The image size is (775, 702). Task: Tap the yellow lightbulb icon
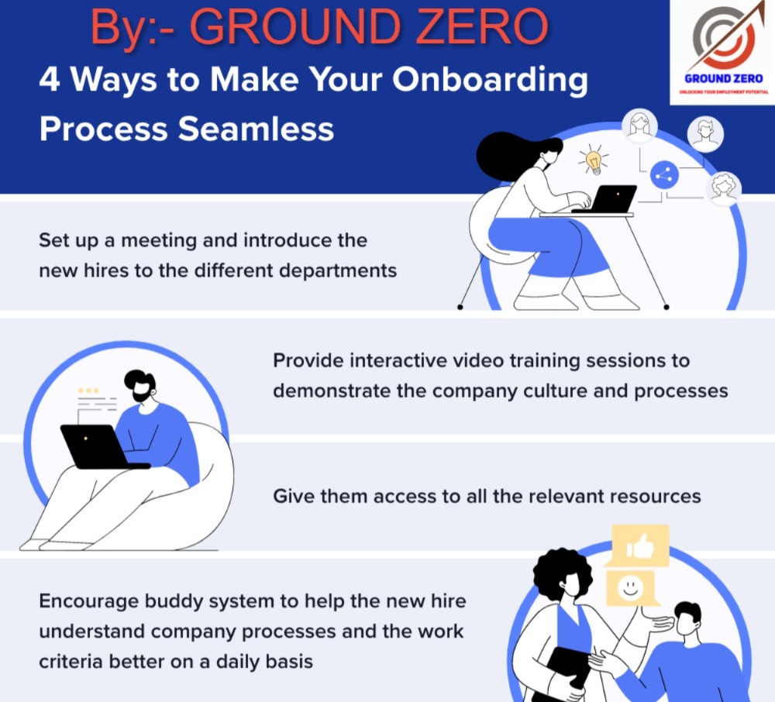point(593,160)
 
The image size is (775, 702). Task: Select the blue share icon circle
point(664,175)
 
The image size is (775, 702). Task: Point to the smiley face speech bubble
point(632,588)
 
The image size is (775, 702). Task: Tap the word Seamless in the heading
point(256,129)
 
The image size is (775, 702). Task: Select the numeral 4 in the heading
point(50,79)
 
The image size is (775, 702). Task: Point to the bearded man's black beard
point(142,393)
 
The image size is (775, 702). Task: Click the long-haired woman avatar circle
point(639,126)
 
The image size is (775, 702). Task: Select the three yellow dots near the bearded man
point(88,391)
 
